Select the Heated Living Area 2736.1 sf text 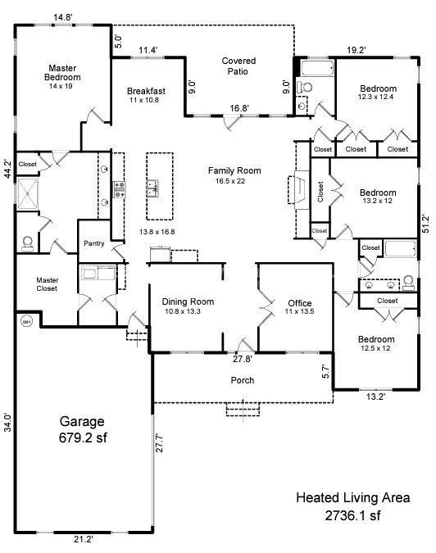(352, 506)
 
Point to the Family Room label (234, 175)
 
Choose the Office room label (293, 306)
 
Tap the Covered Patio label (238, 66)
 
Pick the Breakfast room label (147, 95)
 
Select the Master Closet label (47, 284)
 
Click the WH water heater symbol (25, 320)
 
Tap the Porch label (243, 380)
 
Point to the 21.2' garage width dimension (82, 539)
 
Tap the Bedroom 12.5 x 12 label (376, 344)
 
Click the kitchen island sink (152, 190)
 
